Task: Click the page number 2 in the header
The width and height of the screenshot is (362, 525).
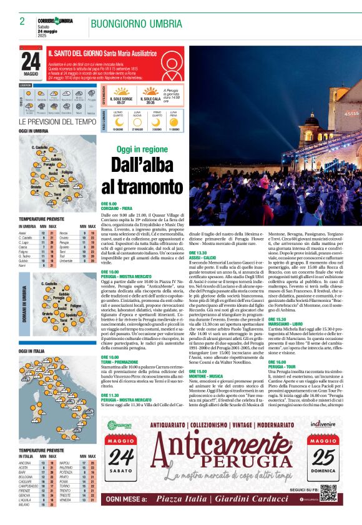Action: point(22,21)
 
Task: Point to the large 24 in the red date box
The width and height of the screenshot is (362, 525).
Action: point(31,61)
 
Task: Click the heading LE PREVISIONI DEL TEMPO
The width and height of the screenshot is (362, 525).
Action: point(57,121)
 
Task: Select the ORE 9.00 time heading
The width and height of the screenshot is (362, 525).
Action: point(109,204)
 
